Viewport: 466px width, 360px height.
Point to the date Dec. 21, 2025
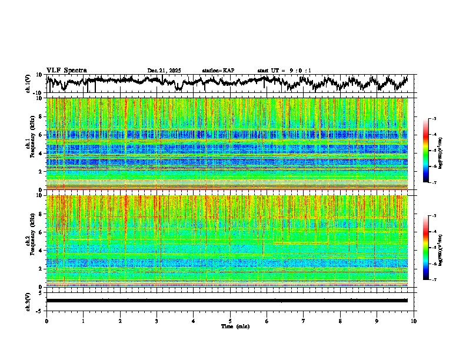click(x=164, y=71)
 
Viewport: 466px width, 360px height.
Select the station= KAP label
click(x=218, y=71)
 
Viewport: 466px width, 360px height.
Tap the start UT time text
click(x=284, y=71)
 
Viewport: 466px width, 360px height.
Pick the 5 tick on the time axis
click(x=230, y=321)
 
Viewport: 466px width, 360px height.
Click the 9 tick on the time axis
click(x=377, y=321)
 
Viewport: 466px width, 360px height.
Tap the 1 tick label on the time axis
click(x=83, y=321)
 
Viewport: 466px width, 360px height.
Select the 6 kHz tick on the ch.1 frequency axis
click(x=39, y=135)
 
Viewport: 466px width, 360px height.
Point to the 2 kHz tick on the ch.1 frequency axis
click(x=39, y=172)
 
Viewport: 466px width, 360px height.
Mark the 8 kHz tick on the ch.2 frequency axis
click(x=39, y=214)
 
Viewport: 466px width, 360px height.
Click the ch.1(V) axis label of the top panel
click(x=28, y=83)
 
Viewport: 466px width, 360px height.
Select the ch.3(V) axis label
click(x=28, y=301)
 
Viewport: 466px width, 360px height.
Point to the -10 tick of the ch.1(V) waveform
click(x=38, y=92)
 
